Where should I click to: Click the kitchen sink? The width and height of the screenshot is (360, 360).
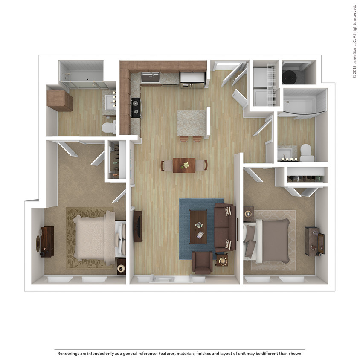click(150, 77)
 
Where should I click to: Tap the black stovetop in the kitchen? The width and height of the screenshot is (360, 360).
click(136, 107)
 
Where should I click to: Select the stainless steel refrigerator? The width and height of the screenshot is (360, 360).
click(193, 79)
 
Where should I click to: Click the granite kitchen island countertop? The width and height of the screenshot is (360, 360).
click(191, 123)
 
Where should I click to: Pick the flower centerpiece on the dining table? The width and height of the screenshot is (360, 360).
click(185, 165)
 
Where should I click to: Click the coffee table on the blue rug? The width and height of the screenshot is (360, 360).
click(198, 226)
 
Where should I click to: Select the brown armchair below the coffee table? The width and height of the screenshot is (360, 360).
click(203, 262)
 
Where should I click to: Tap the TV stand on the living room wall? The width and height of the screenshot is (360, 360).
click(138, 226)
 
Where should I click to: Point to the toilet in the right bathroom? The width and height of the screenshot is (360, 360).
click(306, 153)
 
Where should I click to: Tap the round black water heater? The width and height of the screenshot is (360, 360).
click(290, 78)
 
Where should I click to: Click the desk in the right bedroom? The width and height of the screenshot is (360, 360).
click(314, 241)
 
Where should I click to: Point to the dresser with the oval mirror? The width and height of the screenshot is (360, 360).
click(46, 242)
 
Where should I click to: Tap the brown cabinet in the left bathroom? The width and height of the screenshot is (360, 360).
click(60, 101)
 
